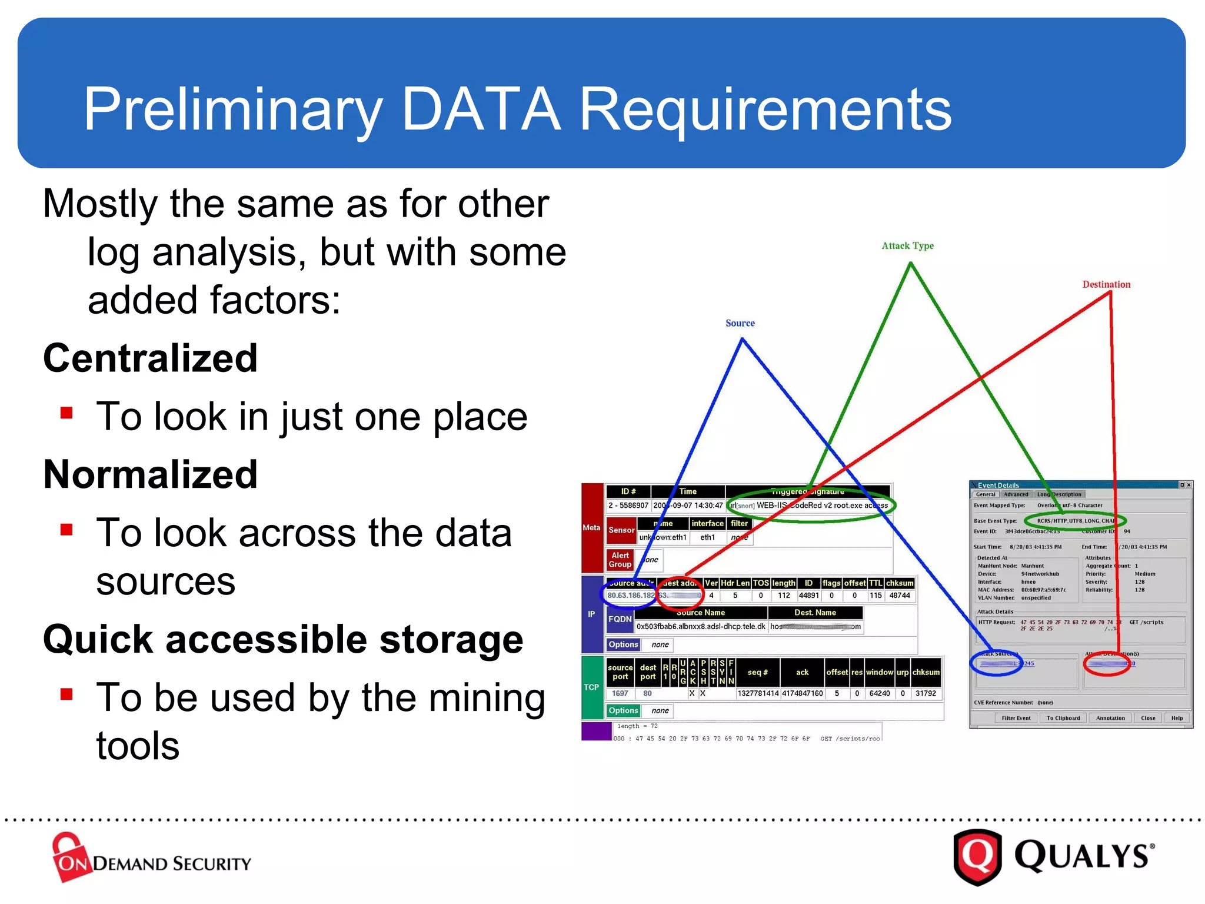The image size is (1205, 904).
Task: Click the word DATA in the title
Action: pos(481,109)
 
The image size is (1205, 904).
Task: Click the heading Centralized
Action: pos(151,358)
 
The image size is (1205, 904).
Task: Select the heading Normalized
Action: pos(151,474)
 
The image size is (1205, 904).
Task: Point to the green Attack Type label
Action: pos(907,246)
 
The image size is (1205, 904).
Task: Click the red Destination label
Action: pos(1106,285)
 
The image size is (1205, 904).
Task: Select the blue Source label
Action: pos(740,323)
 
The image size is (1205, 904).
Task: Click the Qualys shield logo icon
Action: pos(977,856)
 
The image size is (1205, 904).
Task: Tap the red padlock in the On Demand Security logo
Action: pos(69,856)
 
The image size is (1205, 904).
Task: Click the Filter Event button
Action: pos(1016,718)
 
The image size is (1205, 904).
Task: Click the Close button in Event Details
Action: pos(1148,718)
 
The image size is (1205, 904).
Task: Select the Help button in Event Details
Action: pos(1177,718)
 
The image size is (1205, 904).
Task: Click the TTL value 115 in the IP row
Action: pos(876,596)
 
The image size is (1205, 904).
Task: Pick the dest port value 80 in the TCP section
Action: pos(647,694)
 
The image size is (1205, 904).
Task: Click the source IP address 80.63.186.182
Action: pos(631,596)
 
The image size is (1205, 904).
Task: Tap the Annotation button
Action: pos(1110,718)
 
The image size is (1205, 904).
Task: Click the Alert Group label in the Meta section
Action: pos(620,560)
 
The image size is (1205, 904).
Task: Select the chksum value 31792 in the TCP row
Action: pos(926,694)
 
